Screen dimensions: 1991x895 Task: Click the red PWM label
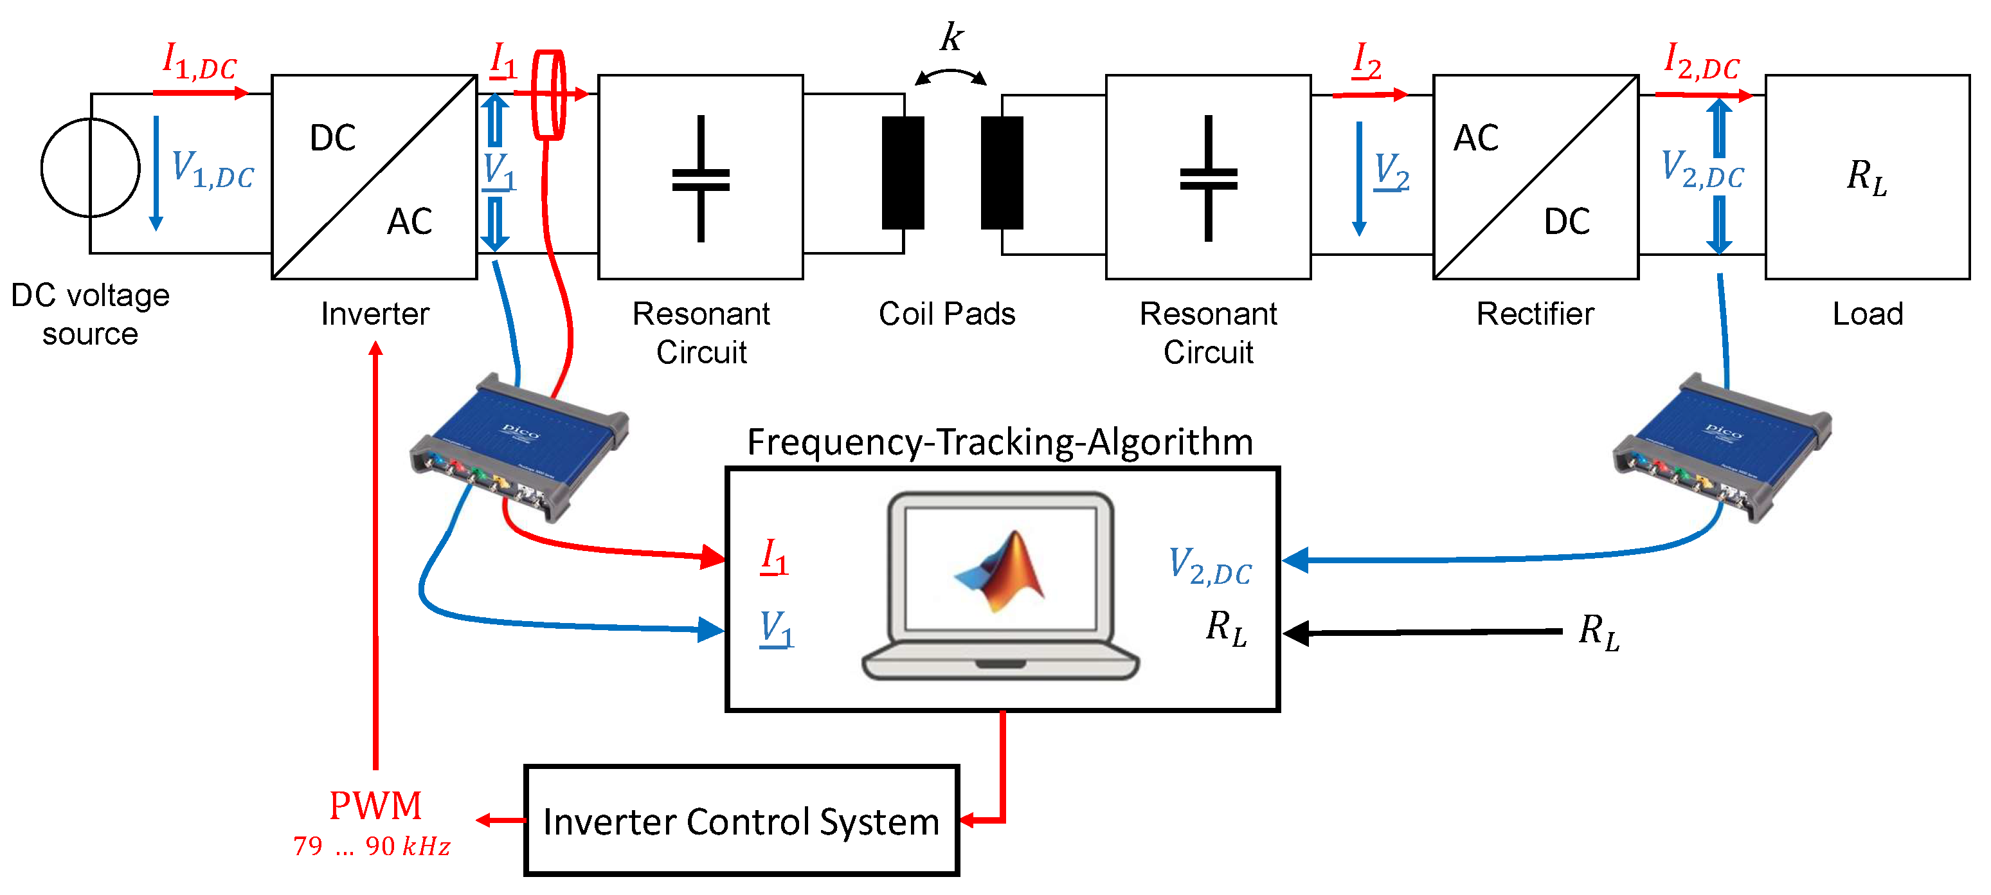click(x=375, y=806)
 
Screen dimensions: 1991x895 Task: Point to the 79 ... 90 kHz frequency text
click(x=372, y=846)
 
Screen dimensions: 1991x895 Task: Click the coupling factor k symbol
click(x=951, y=36)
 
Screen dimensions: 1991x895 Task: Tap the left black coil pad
click(x=903, y=172)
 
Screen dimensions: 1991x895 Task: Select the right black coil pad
click(x=1002, y=172)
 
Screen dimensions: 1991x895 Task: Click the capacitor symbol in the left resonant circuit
click(x=701, y=179)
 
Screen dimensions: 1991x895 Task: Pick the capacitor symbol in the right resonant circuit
click(x=1209, y=179)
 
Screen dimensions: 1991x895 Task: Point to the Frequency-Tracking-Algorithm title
click(x=1000, y=442)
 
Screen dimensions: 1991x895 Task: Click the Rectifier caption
click(x=1535, y=314)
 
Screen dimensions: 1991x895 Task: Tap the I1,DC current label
click(x=199, y=60)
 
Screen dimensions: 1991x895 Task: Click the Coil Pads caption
click(x=947, y=314)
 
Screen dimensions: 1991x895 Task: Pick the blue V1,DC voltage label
click(x=213, y=169)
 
